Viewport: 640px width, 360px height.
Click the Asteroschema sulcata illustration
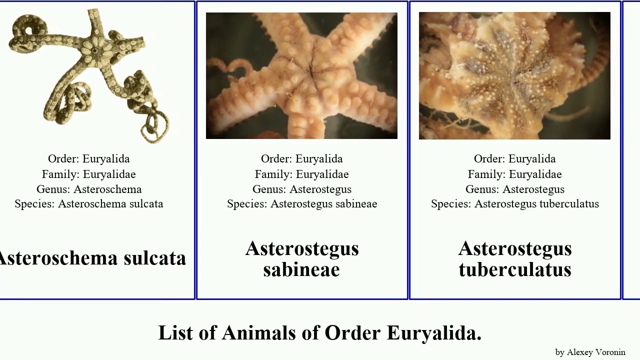tap(90, 75)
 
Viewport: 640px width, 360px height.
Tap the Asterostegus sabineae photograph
tap(301, 75)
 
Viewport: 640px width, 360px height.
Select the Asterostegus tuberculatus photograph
tap(514, 75)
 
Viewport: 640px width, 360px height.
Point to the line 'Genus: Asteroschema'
tap(89, 189)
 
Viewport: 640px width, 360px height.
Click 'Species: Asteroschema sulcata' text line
tap(89, 204)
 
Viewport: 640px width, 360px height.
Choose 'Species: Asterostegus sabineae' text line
tap(302, 204)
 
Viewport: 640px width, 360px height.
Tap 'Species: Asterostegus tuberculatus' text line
tap(515, 204)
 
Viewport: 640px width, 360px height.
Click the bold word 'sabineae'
tap(301, 269)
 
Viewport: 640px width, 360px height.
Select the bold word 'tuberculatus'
tap(515, 269)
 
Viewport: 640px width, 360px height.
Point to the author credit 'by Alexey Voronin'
tap(590, 352)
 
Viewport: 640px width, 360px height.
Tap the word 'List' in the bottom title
tap(175, 333)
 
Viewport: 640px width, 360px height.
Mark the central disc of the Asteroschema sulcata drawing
tap(92, 50)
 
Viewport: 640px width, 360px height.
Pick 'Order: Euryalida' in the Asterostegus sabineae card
tap(302, 159)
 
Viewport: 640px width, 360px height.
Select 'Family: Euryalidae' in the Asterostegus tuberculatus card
tap(515, 174)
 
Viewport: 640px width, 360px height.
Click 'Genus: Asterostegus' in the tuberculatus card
tap(515, 189)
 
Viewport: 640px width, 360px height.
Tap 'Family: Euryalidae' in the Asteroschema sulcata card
tap(89, 174)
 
